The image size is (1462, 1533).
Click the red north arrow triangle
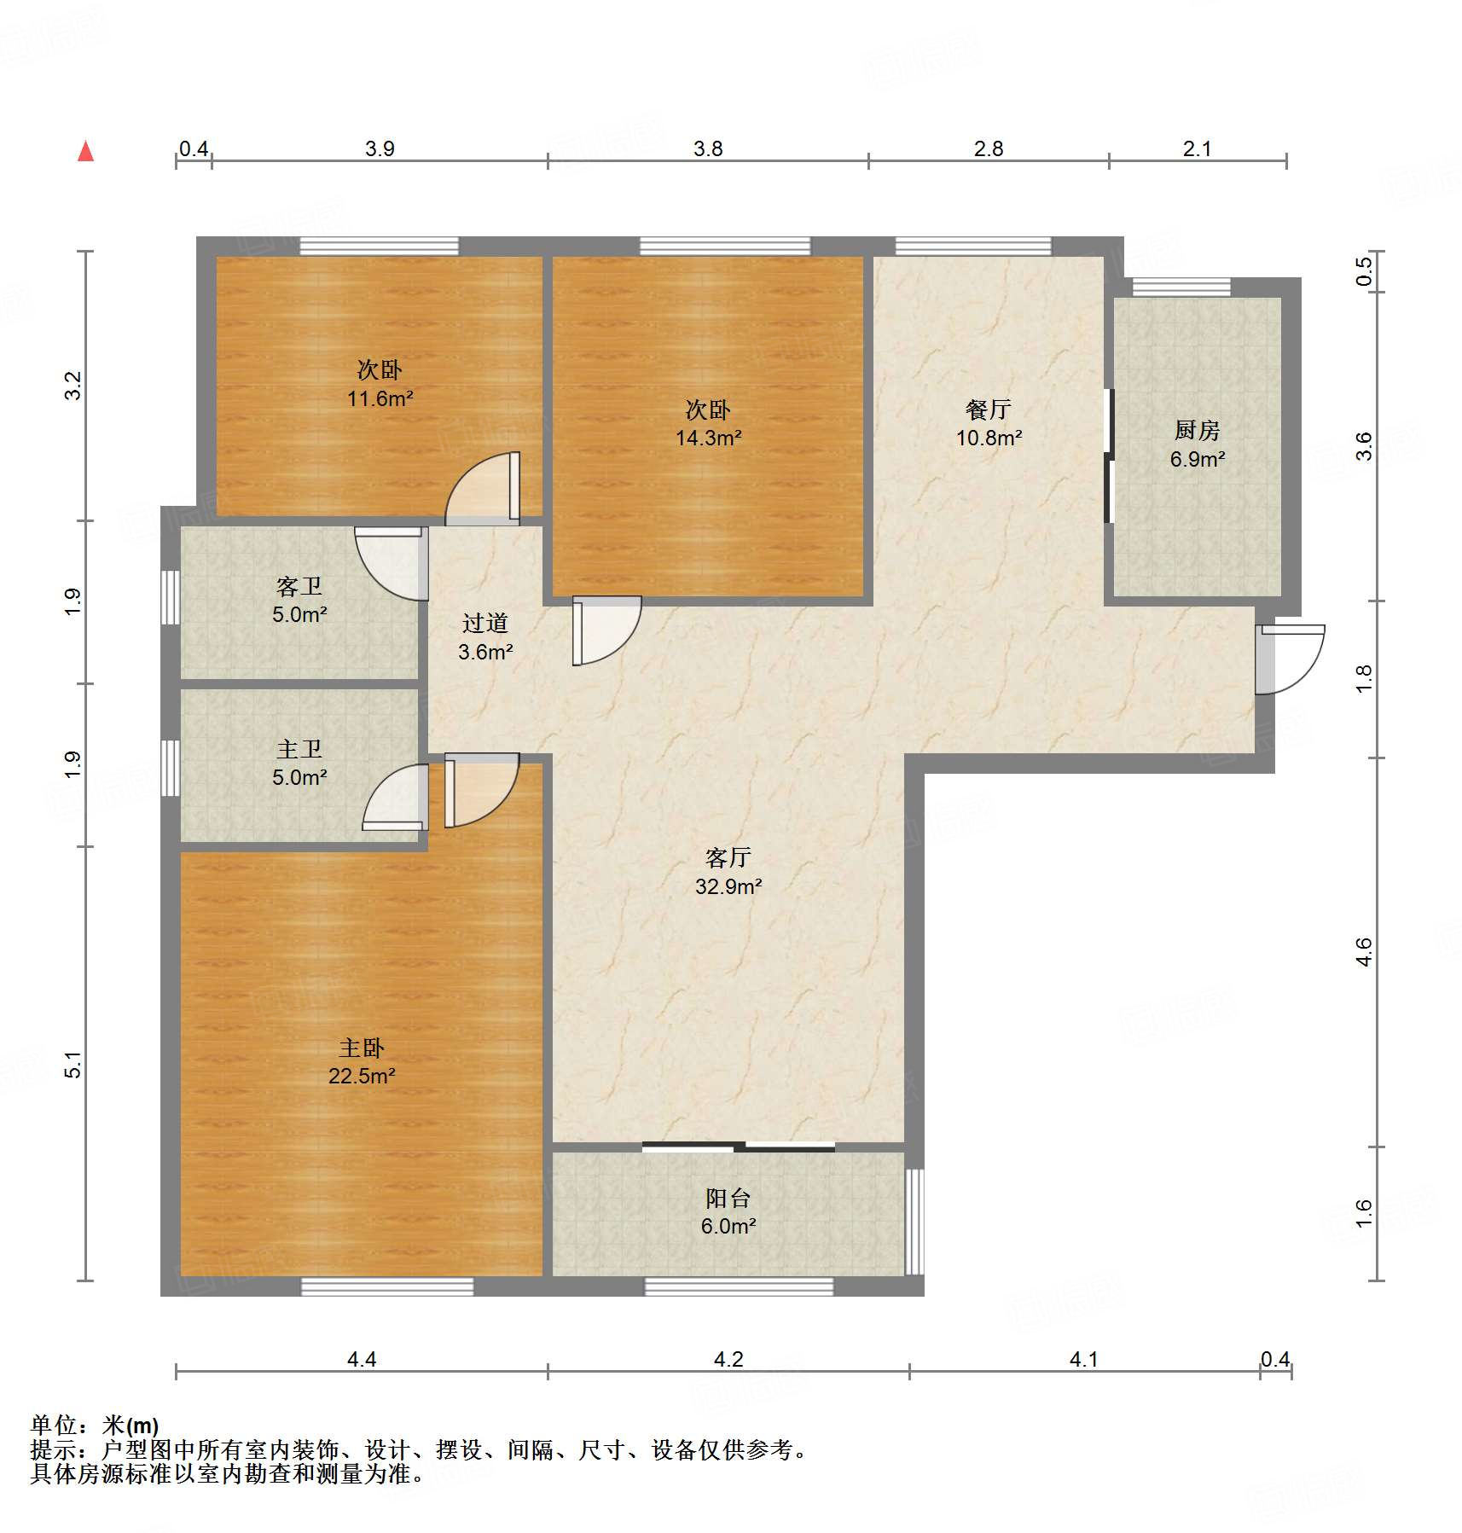[x=85, y=152]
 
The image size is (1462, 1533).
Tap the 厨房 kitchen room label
[x=1198, y=431]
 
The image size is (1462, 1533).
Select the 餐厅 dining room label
[x=989, y=409]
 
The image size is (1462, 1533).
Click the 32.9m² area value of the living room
[x=728, y=886]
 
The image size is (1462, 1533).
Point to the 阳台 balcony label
[x=728, y=1198]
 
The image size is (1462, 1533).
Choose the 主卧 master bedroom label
[x=362, y=1048]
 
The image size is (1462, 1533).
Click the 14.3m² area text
[x=709, y=438]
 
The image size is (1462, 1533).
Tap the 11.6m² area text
[x=380, y=398]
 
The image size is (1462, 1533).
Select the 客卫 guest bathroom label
[x=299, y=586]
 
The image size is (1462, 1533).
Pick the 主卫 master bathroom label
[x=299, y=749]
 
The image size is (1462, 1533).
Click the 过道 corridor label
[x=485, y=623]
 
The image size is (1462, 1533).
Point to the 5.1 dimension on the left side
[x=73, y=1066]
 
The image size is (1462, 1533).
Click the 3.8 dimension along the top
[x=708, y=149]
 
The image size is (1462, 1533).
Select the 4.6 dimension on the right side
[x=1364, y=952]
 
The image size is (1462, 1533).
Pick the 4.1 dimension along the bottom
[x=1084, y=1359]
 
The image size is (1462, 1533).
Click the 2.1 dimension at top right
[x=1197, y=149]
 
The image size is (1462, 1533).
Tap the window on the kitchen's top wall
[x=1181, y=287]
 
